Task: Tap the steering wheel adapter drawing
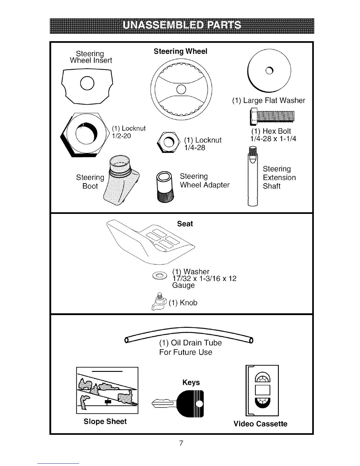[165, 187]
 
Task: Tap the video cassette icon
[262, 390]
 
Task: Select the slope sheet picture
[107, 390]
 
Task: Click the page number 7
[181, 443]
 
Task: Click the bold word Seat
[185, 224]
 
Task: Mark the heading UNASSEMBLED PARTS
[182, 25]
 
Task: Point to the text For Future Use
[186, 352]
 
